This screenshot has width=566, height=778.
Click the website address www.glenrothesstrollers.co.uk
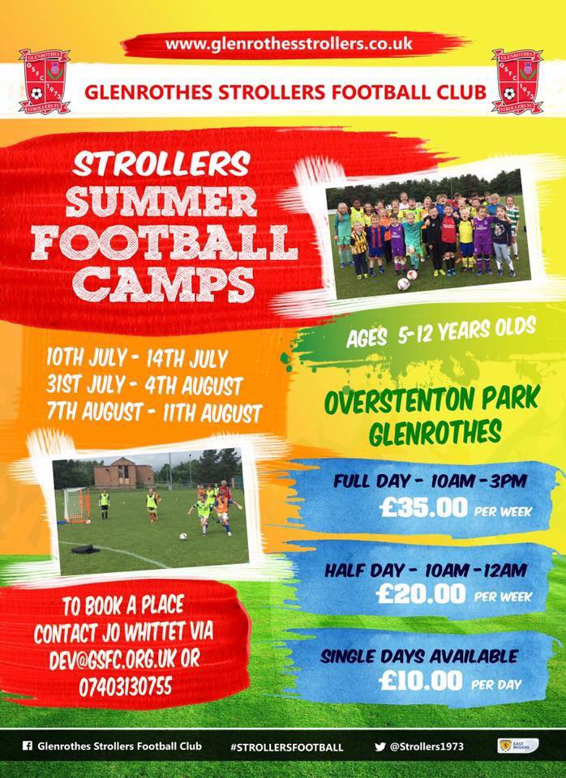[289, 44]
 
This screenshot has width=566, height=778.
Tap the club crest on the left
[44, 81]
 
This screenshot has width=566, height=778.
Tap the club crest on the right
[517, 81]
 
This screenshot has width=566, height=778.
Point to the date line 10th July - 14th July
[137, 358]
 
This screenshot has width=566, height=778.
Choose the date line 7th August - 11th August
[154, 413]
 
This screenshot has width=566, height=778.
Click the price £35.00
[423, 507]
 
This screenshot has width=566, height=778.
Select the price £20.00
[421, 593]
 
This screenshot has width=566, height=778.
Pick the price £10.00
[421, 680]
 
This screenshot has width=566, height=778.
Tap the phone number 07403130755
[126, 686]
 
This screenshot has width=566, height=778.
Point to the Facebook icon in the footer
[28, 746]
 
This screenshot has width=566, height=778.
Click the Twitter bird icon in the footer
[379, 746]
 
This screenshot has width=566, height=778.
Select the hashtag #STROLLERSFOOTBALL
[286, 746]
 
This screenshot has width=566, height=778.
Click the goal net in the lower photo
[76, 505]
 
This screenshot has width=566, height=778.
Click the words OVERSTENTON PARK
[432, 400]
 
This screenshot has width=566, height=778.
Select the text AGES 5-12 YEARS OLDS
[441, 333]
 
